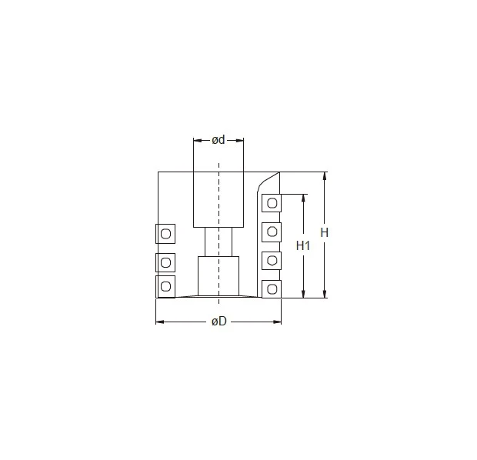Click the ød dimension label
(x=218, y=140)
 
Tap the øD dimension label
(x=218, y=321)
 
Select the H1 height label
(x=303, y=245)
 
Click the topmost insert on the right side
(x=272, y=203)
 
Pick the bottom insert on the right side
(x=272, y=289)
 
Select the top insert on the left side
(x=165, y=233)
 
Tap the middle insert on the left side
(x=165, y=262)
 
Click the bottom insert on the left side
(x=165, y=287)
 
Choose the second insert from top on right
(x=272, y=232)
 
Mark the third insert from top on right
(x=272, y=260)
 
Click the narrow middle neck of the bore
(x=218, y=242)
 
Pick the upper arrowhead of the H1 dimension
(x=303, y=198)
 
